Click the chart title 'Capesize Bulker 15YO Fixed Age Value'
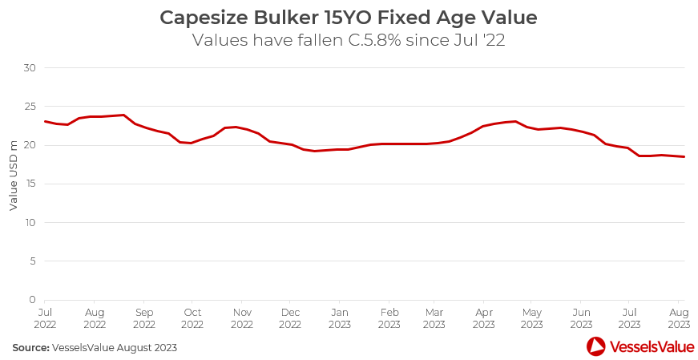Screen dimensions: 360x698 tap(349, 17)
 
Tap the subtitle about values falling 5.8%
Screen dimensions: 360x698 tap(349, 40)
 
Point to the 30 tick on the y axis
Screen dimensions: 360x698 tap(30, 67)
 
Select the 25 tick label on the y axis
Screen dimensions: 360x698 tap(30, 107)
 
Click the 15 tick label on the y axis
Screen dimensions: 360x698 tap(30, 184)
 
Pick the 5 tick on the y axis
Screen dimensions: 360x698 tap(33, 261)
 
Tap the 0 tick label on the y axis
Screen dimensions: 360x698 tap(33, 299)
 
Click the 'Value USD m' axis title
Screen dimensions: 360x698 tap(14, 174)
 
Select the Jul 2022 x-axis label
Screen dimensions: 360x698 tap(46, 318)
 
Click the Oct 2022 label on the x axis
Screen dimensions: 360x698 tap(192, 318)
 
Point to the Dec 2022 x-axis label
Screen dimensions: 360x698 tap(290, 318)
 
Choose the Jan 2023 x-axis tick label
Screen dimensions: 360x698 tap(340, 318)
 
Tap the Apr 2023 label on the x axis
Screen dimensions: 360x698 tap(483, 318)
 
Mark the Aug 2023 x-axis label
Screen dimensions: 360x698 tap(679, 318)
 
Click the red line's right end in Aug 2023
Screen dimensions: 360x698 tap(684, 156)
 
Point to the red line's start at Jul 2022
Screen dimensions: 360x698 tap(45, 121)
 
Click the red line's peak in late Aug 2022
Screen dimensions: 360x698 tap(123, 115)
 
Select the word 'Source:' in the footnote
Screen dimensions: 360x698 tap(30, 348)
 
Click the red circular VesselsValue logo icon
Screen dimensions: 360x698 tap(596, 346)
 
